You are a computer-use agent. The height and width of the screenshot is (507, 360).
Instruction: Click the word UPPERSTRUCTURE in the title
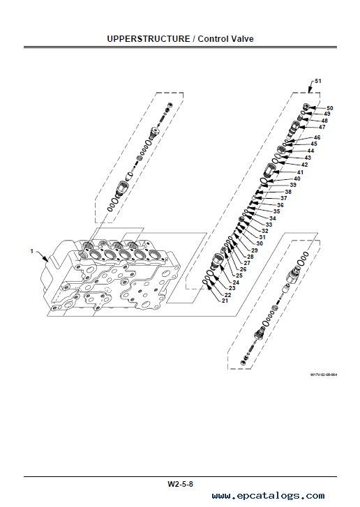coord(149,39)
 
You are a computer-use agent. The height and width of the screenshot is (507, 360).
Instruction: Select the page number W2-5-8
coord(180,484)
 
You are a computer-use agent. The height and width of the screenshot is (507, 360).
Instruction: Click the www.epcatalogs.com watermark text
coord(268,496)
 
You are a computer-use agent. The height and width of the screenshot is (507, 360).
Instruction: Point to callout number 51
coord(318,81)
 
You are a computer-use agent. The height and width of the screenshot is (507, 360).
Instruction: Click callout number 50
coord(329,108)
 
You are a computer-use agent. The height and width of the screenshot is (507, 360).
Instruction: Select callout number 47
coord(322,127)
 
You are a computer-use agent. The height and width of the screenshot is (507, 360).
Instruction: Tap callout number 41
coord(301,172)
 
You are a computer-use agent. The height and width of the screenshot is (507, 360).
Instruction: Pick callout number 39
coord(293,185)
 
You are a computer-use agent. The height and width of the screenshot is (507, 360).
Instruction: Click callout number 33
coord(269,225)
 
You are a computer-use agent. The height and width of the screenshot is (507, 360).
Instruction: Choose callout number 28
coord(250,257)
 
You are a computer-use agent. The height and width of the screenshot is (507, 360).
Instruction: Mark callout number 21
coord(225,301)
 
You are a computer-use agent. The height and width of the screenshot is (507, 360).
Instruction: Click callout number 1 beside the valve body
coord(31,251)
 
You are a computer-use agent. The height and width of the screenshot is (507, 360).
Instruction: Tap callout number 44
coord(310,151)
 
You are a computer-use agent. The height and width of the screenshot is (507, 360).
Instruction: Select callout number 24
coord(236,282)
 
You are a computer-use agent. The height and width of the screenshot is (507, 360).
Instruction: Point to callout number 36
coord(280,205)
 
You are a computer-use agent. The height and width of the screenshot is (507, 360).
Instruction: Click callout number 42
coord(304,165)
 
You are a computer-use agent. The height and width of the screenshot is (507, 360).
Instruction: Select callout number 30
coord(260,243)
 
